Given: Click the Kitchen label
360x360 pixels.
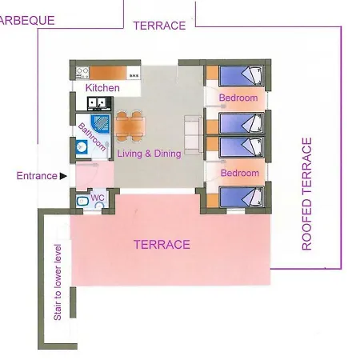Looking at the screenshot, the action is coord(102,88).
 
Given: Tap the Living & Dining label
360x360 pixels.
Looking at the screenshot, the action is coord(150,154).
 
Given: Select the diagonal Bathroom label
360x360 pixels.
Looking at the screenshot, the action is coord(92,137).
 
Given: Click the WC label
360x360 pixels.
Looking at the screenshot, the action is coord(98,198).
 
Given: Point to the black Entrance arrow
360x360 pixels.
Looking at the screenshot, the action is coord(63,176).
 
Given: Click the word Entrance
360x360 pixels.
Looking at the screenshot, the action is coord(37,176).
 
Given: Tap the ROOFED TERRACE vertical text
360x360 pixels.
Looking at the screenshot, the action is coord(306,194).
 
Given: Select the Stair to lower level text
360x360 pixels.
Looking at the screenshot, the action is coord(58,282).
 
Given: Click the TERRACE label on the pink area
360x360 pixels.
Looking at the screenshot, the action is coord(162,245).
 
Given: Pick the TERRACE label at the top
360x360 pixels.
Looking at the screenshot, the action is coord(159,26).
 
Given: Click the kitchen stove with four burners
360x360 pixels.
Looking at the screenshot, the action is coord(82,73).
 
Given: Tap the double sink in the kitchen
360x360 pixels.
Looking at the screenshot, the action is coord(97,104).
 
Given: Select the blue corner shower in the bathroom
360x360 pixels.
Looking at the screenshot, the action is coord(100,124).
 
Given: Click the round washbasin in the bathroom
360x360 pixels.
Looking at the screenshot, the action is coord(81,146).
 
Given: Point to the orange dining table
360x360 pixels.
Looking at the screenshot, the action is coord(130,126).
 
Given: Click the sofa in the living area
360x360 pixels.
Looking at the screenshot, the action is coord(194,135).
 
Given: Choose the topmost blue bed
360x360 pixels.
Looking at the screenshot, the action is coord(241,75).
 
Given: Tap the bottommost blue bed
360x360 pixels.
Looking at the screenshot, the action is coord(241,197).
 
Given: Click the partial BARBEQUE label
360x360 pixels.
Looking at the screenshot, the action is coord(27,21).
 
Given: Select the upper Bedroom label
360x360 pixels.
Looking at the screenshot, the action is coord(238,98).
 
